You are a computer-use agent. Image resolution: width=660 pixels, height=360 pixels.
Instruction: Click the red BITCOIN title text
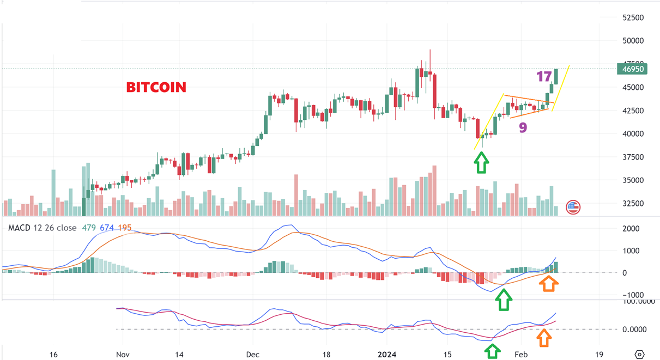pyautogui.click(x=156, y=87)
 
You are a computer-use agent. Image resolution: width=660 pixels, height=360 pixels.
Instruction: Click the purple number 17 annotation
pyautogui.click(x=544, y=77)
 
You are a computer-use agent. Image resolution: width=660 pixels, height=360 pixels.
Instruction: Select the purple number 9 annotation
pyautogui.click(x=522, y=128)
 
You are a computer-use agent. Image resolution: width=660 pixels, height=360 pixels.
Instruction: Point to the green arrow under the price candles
pyautogui.click(x=481, y=162)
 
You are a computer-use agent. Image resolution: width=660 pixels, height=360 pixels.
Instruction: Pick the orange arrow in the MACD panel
pyautogui.click(x=549, y=283)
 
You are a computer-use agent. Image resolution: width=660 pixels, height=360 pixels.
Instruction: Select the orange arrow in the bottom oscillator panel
pyautogui.click(x=543, y=338)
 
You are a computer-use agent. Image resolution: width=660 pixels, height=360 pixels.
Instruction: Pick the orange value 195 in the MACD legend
pyautogui.click(x=125, y=228)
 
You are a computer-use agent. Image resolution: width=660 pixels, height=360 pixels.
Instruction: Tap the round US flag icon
pyautogui.click(x=573, y=207)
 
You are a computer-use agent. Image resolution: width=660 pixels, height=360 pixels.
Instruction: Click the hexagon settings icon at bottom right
pyautogui.click(x=640, y=354)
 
